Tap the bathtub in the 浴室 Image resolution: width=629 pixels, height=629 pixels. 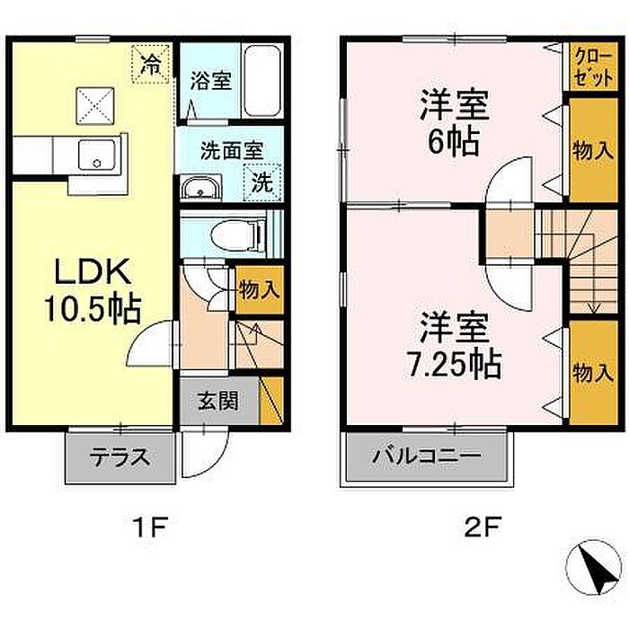coord(262,81)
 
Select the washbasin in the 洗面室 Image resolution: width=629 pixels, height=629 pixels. coord(200,187)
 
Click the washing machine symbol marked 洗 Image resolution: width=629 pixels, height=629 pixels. coord(262,182)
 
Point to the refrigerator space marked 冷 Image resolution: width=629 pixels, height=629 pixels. coord(151,64)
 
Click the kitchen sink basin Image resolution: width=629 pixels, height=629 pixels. coord(97,155)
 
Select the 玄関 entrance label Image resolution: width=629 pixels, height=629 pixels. coord(218,401)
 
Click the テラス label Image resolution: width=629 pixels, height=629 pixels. coord(120,457)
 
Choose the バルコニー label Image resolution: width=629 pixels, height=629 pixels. coord(427,456)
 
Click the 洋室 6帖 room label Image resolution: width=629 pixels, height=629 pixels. coord(455,123)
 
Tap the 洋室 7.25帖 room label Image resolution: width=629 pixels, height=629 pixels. coord(455,346)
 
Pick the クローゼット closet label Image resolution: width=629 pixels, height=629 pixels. coord(594,67)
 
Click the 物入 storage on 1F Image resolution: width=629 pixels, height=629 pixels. coord(259,289)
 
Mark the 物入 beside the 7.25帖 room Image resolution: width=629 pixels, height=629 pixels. coord(593,373)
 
